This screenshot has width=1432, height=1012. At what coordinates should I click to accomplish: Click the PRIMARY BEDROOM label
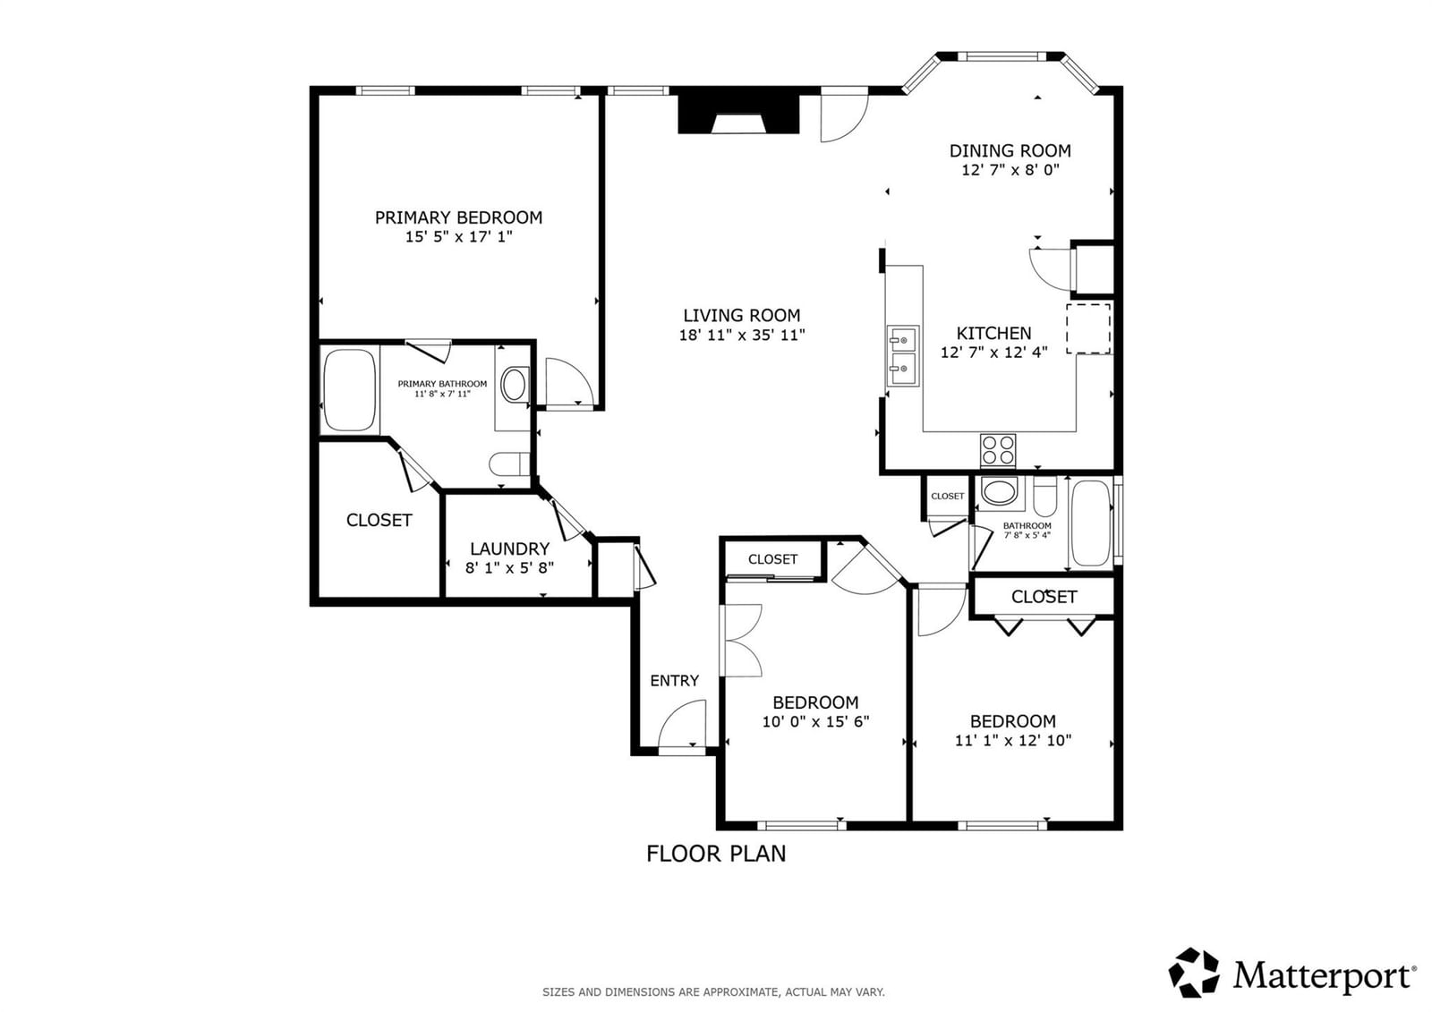[x=458, y=217]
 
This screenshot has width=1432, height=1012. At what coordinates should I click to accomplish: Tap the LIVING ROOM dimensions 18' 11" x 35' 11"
[x=742, y=335]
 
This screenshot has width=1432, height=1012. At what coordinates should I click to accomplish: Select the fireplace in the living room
[x=738, y=115]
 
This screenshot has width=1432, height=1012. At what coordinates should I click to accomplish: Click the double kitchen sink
[x=903, y=356]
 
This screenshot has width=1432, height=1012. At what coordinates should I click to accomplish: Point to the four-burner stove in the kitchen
[x=998, y=450]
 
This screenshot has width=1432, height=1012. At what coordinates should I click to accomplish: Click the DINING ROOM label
[x=1010, y=151]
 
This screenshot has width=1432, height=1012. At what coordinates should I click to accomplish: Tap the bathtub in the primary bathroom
[x=349, y=390]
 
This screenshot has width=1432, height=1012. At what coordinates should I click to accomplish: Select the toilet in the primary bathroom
[x=509, y=464]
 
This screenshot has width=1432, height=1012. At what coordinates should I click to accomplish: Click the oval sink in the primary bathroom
[x=514, y=385]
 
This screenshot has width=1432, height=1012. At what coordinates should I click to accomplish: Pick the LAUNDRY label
[x=509, y=549]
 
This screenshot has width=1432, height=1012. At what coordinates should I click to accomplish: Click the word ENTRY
[x=675, y=680]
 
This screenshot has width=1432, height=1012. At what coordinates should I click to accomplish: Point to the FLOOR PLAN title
[x=716, y=854]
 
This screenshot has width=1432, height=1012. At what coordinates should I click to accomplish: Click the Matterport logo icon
[x=1194, y=973]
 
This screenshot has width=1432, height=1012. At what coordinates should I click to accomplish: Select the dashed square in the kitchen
[x=1088, y=328]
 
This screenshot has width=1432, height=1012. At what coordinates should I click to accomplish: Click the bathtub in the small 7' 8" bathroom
[x=1092, y=523]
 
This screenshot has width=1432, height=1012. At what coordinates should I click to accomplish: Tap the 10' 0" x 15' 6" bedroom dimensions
[x=815, y=722]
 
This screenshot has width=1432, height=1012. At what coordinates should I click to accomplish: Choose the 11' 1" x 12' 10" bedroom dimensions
[x=1013, y=740]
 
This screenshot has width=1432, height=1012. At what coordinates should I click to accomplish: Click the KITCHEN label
[x=994, y=333]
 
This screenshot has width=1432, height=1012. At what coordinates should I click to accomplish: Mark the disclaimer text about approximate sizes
[x=713, y=992]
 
